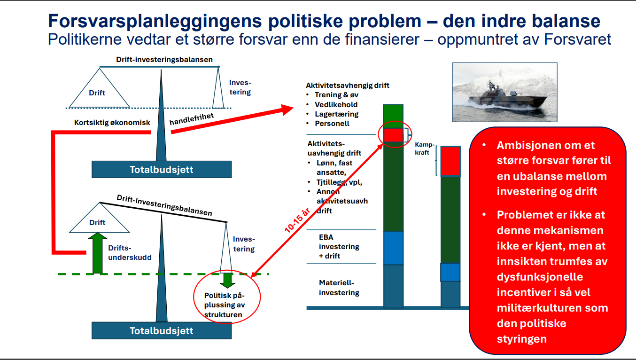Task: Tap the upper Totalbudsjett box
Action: [x=161, y=169]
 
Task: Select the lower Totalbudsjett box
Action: [x=161, y=330]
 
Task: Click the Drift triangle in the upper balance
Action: [x=99, y=91]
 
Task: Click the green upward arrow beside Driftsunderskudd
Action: [x=98, y=253]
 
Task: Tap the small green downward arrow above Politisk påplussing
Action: [x=227, y=281]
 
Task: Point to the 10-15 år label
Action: [x=297, y=221]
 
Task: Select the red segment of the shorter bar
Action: [x=450, y=161]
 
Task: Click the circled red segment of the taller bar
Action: [x=393, y=135]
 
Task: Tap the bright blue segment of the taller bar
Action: [x=393, y=248]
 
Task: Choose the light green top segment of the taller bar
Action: [x=393, y=117]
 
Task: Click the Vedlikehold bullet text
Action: [x=336, y=104]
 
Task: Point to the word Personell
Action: [x=332, y=123]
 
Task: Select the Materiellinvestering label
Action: [x=339, y=288]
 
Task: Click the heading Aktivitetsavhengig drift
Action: [x=347, y=85]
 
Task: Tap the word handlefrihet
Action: [x=191, y=119]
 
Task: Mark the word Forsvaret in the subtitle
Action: [x=577, y=39]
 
